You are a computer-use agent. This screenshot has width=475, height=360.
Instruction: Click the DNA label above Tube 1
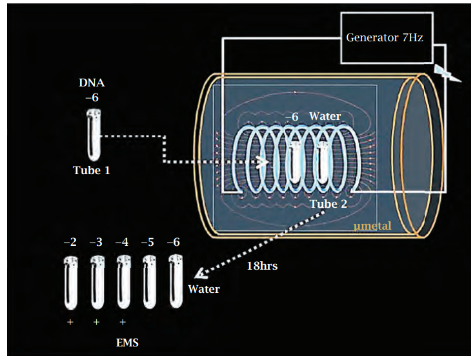coord(91,83)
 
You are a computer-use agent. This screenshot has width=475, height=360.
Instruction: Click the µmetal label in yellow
coord(372,225)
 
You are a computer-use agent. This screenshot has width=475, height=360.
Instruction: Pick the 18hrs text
coord(263,265)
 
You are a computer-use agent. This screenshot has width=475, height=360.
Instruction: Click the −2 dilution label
coord(70,242)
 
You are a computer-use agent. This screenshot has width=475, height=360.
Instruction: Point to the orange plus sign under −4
coord(123,321)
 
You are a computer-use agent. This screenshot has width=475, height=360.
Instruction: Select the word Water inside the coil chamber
coord(325,116)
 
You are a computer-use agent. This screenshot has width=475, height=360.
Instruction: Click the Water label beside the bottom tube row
coord(204,288)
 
